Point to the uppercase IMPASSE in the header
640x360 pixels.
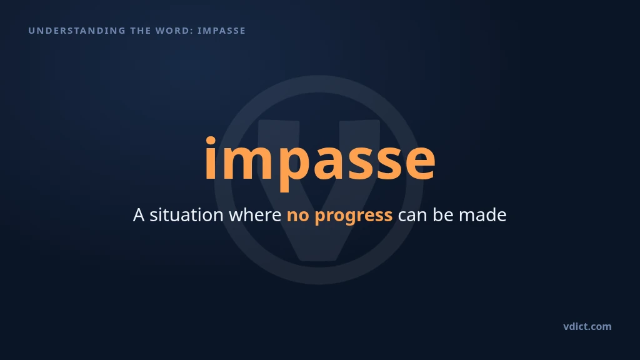(x=222, y=31)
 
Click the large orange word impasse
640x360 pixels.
(x=320, y=161)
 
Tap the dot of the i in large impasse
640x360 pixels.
(x=211, y=141)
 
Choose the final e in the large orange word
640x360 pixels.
(x=420, y=162)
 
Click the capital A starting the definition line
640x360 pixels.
(x=139, y=215)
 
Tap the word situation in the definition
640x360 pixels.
(x=186, y=215)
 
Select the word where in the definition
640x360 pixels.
(x=255, y=215)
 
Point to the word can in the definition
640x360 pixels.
(x=412, y=216)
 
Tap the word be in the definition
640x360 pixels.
(x=443, y=215)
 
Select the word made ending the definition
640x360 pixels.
(x=482, y=215)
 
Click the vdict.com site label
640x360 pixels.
(x=587, y=326)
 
